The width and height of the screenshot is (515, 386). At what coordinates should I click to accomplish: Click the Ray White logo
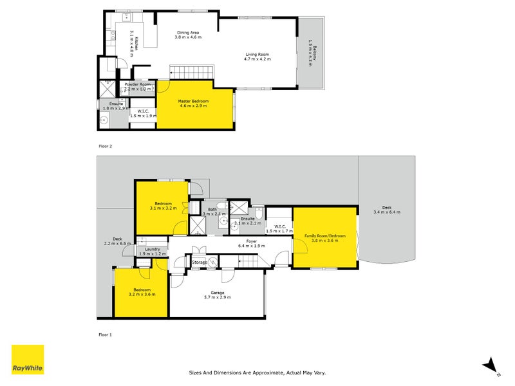pos(28,360)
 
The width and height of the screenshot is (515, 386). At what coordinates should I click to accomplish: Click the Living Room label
pos(258,56)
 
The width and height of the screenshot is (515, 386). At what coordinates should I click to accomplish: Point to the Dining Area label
pos(188,34)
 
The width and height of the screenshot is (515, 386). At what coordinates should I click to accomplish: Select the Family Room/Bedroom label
pos(325,239)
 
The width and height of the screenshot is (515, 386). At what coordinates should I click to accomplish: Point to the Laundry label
pos(153,252)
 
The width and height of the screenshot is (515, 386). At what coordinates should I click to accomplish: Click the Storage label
pos(200,262)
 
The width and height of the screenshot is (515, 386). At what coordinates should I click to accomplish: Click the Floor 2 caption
pos(105,146)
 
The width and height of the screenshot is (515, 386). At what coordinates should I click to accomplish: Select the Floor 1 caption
pos(105,335)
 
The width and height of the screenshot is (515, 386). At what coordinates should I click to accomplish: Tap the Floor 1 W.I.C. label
pos(279,228)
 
